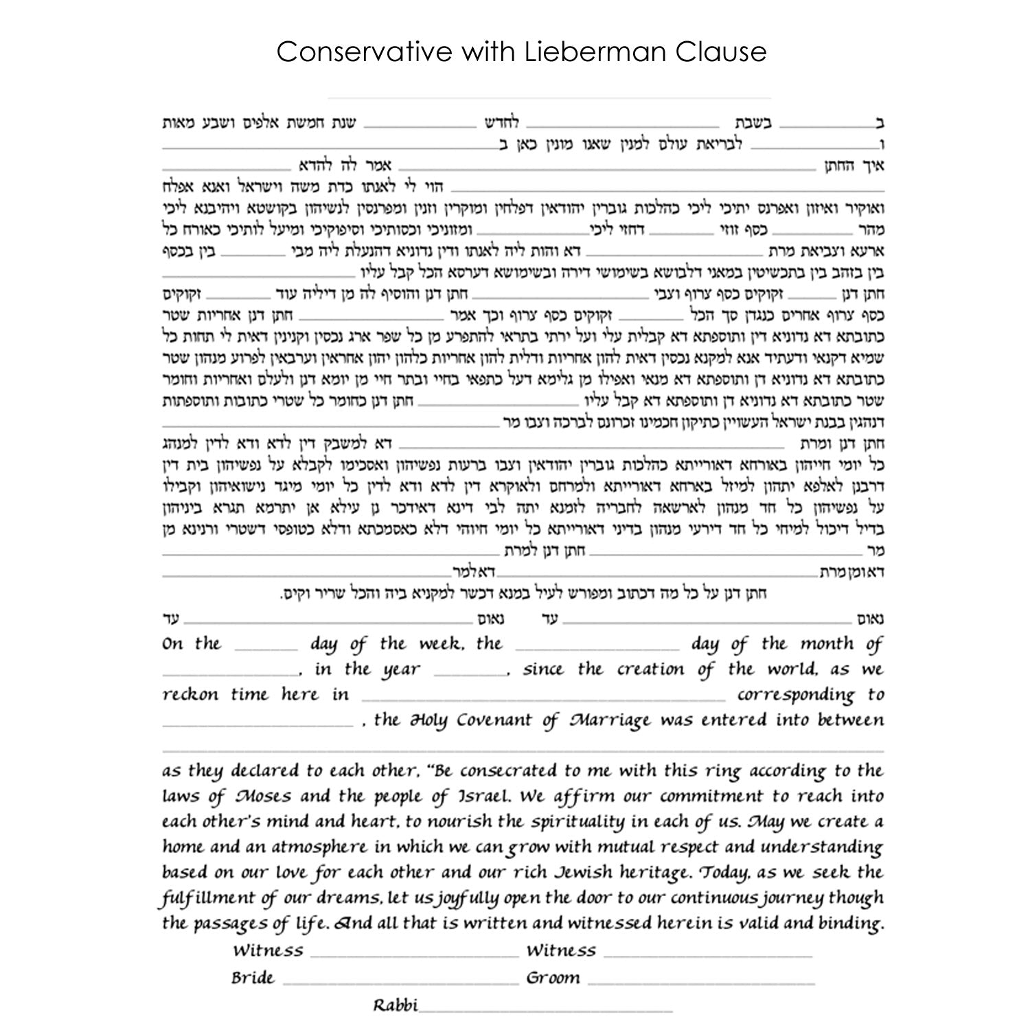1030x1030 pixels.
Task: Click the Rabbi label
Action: click(x=395, y=1005)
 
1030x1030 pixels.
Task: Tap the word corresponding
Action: click(x=796, y=696)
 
